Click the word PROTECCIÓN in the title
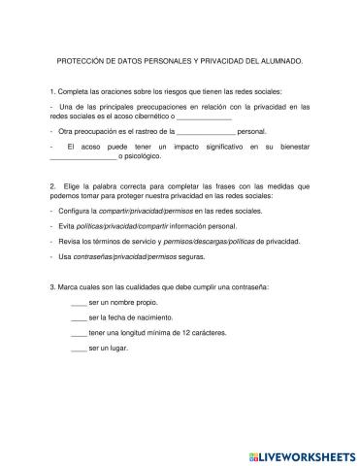click(79, 60)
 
